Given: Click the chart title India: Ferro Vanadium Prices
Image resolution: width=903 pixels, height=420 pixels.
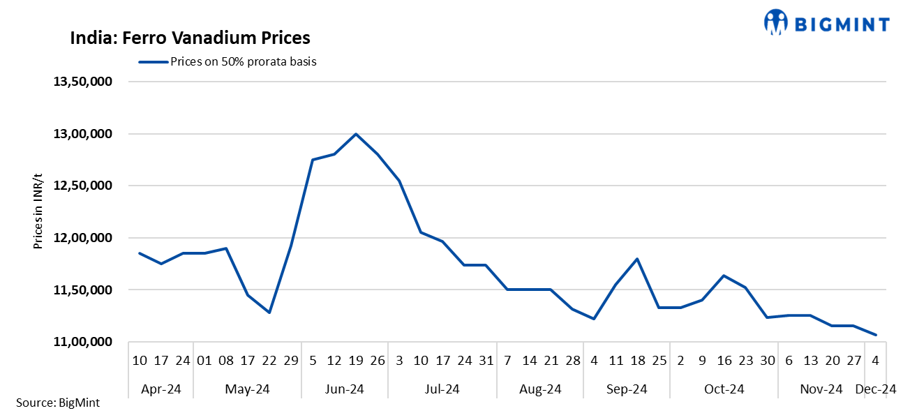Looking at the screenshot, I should click(x=190, y=38).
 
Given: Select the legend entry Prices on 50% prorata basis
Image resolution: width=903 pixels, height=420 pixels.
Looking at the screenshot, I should click(x=243, y=61).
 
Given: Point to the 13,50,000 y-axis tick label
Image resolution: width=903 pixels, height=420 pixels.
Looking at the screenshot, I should click(x=84, y=82).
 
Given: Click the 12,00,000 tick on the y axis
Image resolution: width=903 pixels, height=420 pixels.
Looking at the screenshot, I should click(x=84, y=238).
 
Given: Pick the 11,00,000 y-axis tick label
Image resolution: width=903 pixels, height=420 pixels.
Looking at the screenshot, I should click(x=84, y=342).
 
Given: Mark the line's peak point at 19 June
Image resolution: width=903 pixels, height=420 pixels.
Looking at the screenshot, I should click(x=356, y=134).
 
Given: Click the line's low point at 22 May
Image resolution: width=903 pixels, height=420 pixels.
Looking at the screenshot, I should click(x=269, y=313).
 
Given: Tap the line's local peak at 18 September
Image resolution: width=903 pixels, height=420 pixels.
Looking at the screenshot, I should click(x=637, y=259).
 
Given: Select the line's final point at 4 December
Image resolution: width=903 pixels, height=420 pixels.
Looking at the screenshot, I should click(x=876, y=335).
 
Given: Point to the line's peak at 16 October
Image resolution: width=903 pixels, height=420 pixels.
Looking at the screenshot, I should click(x=724, y=276).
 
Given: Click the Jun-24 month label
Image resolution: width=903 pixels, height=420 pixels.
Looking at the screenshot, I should click(x=345, y=389).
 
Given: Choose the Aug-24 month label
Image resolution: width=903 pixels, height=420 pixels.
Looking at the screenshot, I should click(x=540, y=389).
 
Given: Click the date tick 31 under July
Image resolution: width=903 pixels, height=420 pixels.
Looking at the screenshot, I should click(x=486, y=361).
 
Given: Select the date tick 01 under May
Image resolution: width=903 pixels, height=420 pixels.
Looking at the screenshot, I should click(x=204, y=361).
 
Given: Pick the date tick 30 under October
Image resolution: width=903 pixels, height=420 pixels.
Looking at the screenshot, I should click(x=767, y=361).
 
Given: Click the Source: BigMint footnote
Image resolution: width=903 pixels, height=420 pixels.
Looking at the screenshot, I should click(x=57, y=403).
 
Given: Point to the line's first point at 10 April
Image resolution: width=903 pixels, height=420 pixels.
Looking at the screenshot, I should click(x=140, y=253).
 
